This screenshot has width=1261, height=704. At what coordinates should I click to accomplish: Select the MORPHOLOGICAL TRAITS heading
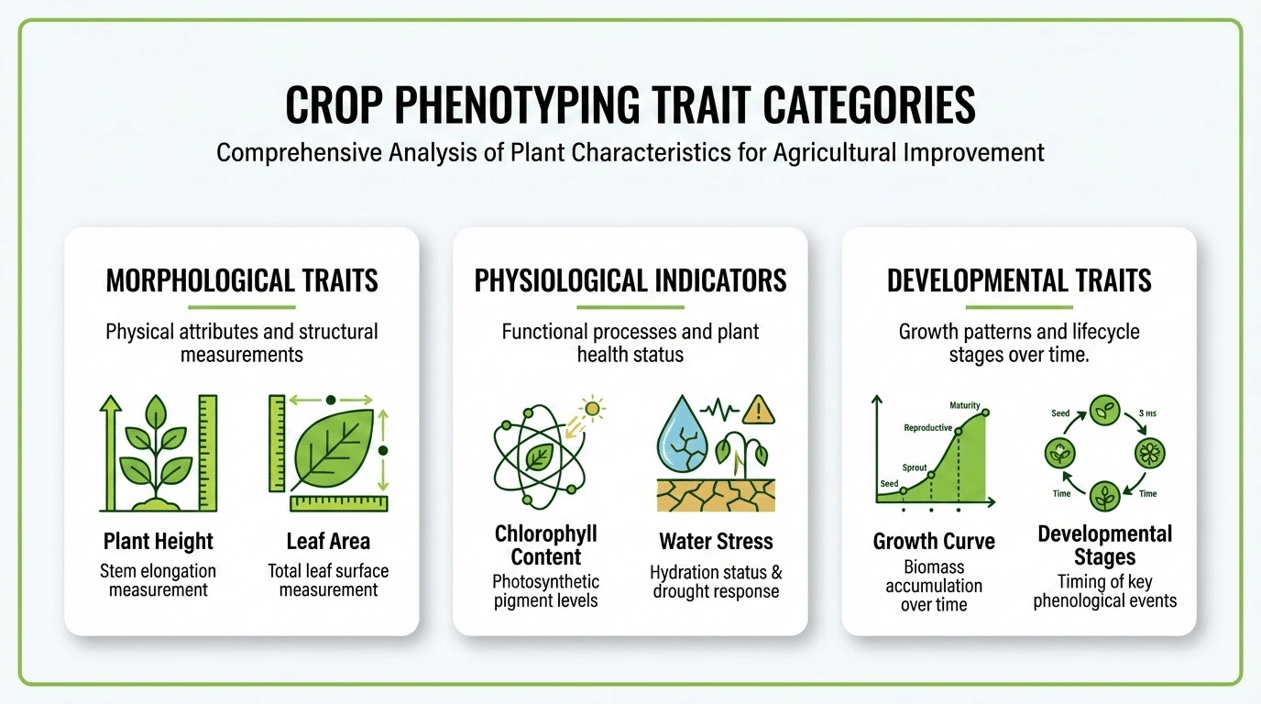pyautogui.click(x=242, y=280)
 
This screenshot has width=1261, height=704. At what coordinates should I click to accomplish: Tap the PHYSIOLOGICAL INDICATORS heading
pyautogui.click(x=630, y=280)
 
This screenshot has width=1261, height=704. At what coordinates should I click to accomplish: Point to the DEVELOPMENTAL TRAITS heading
pyautogui.click(x=1018, y=280)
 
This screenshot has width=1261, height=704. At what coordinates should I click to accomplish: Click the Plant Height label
pyautogui.click(x=159, y=541)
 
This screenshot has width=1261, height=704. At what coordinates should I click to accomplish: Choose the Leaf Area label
pyautogui.click(x=328, y=541)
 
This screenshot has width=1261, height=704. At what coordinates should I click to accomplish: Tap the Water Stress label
pyautogui.click(x=716, y=541)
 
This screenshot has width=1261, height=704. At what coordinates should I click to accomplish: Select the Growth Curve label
pyautogui.click(x=934, y=541)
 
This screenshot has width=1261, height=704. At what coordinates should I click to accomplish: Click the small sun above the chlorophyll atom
pyautogui.click(x=593, y=409)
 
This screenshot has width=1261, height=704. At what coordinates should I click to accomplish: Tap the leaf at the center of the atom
pyautogui.click(x=538, y=456)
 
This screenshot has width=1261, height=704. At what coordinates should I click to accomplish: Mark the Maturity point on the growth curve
pyautogui.click(x=986, y=413)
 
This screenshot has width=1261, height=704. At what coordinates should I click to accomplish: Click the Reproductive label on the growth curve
pyautogui.click(x=927, y=428)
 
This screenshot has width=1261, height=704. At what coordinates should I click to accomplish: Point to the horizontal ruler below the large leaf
pyautogui.click(x=338, y=503)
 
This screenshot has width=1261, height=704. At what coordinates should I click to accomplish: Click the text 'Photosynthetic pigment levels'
pyautogui.click(x=545, y=591)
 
